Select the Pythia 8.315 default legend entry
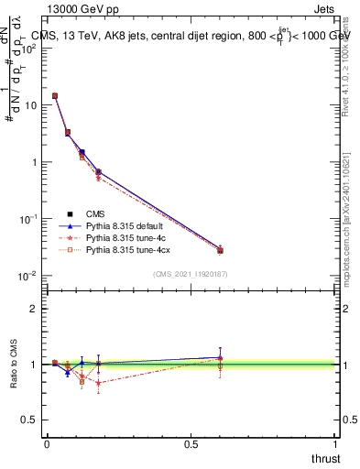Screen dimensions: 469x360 [x=127, y=225]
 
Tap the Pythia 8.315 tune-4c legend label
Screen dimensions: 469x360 [x=127, y=237]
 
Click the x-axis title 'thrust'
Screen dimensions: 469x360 [x=325, y=459]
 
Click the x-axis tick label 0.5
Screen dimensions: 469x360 [x=191, y=443]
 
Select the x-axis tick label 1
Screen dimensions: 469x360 [x=335, y=443]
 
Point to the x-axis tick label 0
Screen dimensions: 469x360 [x=47, y=443]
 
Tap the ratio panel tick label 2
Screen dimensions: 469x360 [x=34, y=309]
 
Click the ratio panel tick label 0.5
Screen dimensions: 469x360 [x=30, y=420]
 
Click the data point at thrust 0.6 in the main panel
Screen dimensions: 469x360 [x=220, y=250]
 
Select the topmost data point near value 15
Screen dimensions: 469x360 [x=55, y=95]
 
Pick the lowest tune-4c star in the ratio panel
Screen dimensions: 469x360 [x=98, y=383]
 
